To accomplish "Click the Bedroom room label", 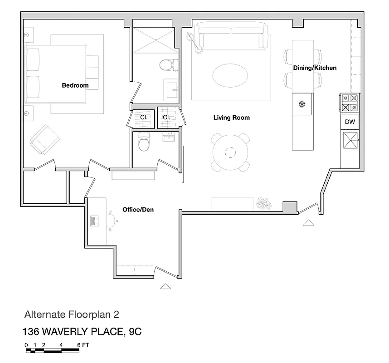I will pyautogui.click(x=75, y=85).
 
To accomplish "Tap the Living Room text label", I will pyautogui.click(x=231, y=118).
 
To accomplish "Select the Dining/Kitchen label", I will pyautogui.click(x=315, y=68).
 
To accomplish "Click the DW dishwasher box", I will pyautogui.click(x=350, y=122).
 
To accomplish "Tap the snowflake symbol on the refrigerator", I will pyautogui.click(x=302, y=104).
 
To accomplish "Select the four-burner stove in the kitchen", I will pyautogui.click(x=350, y=103).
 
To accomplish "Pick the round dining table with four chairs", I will pyautogui.click(x=231, y=152).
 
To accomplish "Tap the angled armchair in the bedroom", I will pyautogui.click(x=44, y=139).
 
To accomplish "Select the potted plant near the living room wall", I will pyautogui.click(x=263, y=203).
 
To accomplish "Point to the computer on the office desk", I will pyautogui.click(x=95, y=221).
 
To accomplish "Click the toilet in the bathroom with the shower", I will pyautogui.click(x=167, y=65).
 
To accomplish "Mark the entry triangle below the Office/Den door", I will pyautogui.click(x=165, y=286).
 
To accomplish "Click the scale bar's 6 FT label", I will pyautogui.click(x=83, y=345).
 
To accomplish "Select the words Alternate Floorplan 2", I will pyautogui.click(x=72, y=314).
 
